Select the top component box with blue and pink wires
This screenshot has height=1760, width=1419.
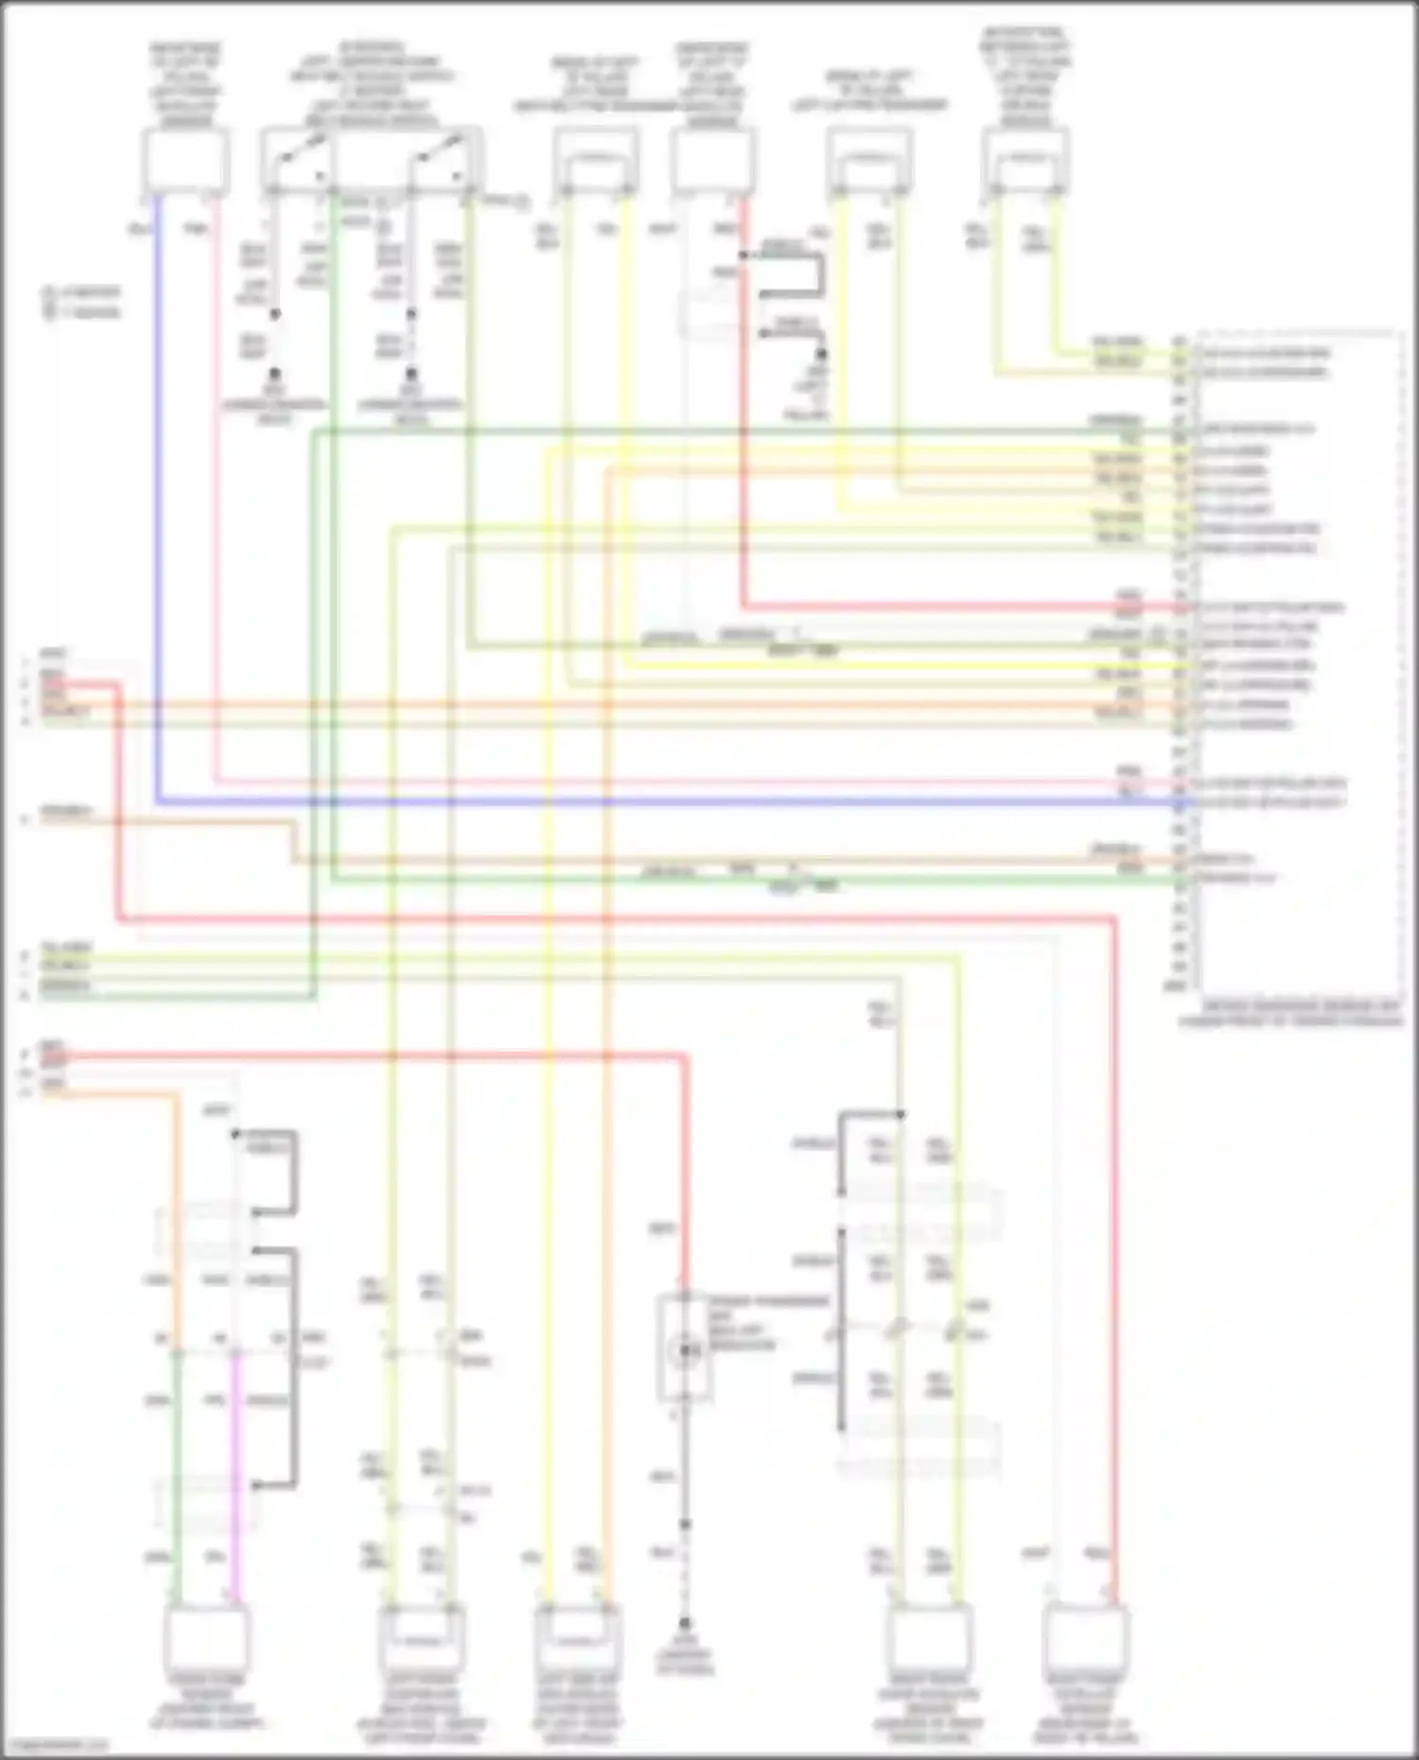tap(185, 161)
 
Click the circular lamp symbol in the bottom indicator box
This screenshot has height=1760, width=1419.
tap(685, 1352)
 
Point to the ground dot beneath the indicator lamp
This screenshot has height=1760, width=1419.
tap(685, 1623)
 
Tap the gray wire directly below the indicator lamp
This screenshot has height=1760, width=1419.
tap(685, 1466)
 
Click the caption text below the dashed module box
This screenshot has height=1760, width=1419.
tap(1291, 1014)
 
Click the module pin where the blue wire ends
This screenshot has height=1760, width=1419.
tap(1180, 803)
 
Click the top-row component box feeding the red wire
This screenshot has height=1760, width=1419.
tap(714, 161)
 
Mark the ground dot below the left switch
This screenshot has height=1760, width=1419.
tap(274, 375)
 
